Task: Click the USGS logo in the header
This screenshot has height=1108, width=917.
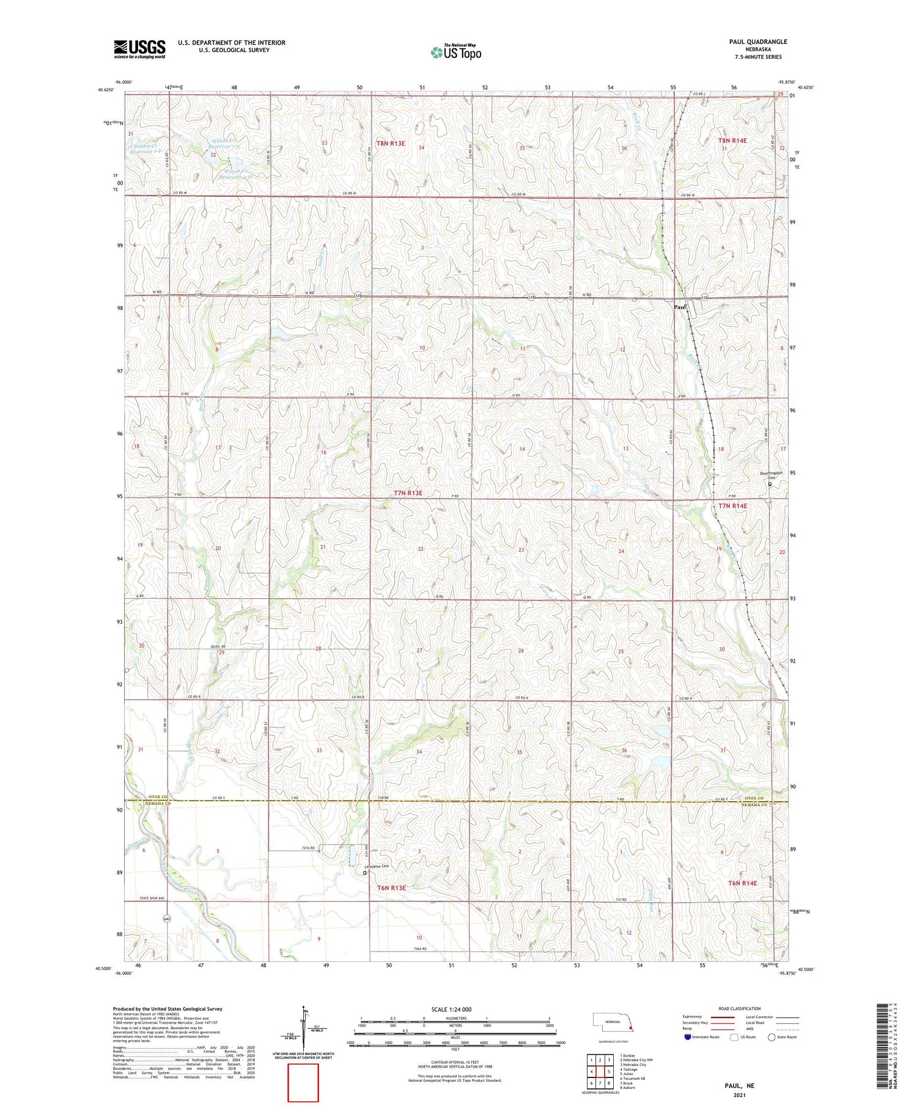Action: pyautogui.click(x=139, y=49)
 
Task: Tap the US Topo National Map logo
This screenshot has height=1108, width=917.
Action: pyautogui.click(x=455, y=52)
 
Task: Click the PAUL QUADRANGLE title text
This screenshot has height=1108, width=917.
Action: pyautogui.click(x=757, y=42)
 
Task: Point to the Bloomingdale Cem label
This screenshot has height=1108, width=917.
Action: pyautogui.click(x=771, y=475)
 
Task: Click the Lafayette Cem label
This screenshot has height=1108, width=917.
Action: pyautogui.click(x=376, y=866)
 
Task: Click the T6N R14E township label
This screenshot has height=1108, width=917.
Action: pyautogui.click(x=742, y=883)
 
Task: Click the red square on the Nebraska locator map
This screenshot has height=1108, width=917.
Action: pyautogui.click(x=632, y=1028)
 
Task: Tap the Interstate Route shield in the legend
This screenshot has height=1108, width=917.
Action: pyautogui.click(x=688, y=1037)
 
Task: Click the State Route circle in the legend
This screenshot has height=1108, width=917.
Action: pyautogui.click(x=772, y=1037)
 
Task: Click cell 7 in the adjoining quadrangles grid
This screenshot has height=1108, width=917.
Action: pyautogui.click(x=600, y=1083)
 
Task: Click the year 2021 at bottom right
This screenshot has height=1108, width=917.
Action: pyautogui.click(x=740, y=1095)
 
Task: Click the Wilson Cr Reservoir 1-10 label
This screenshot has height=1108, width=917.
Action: pyautogui.click(x=237, y=174)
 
